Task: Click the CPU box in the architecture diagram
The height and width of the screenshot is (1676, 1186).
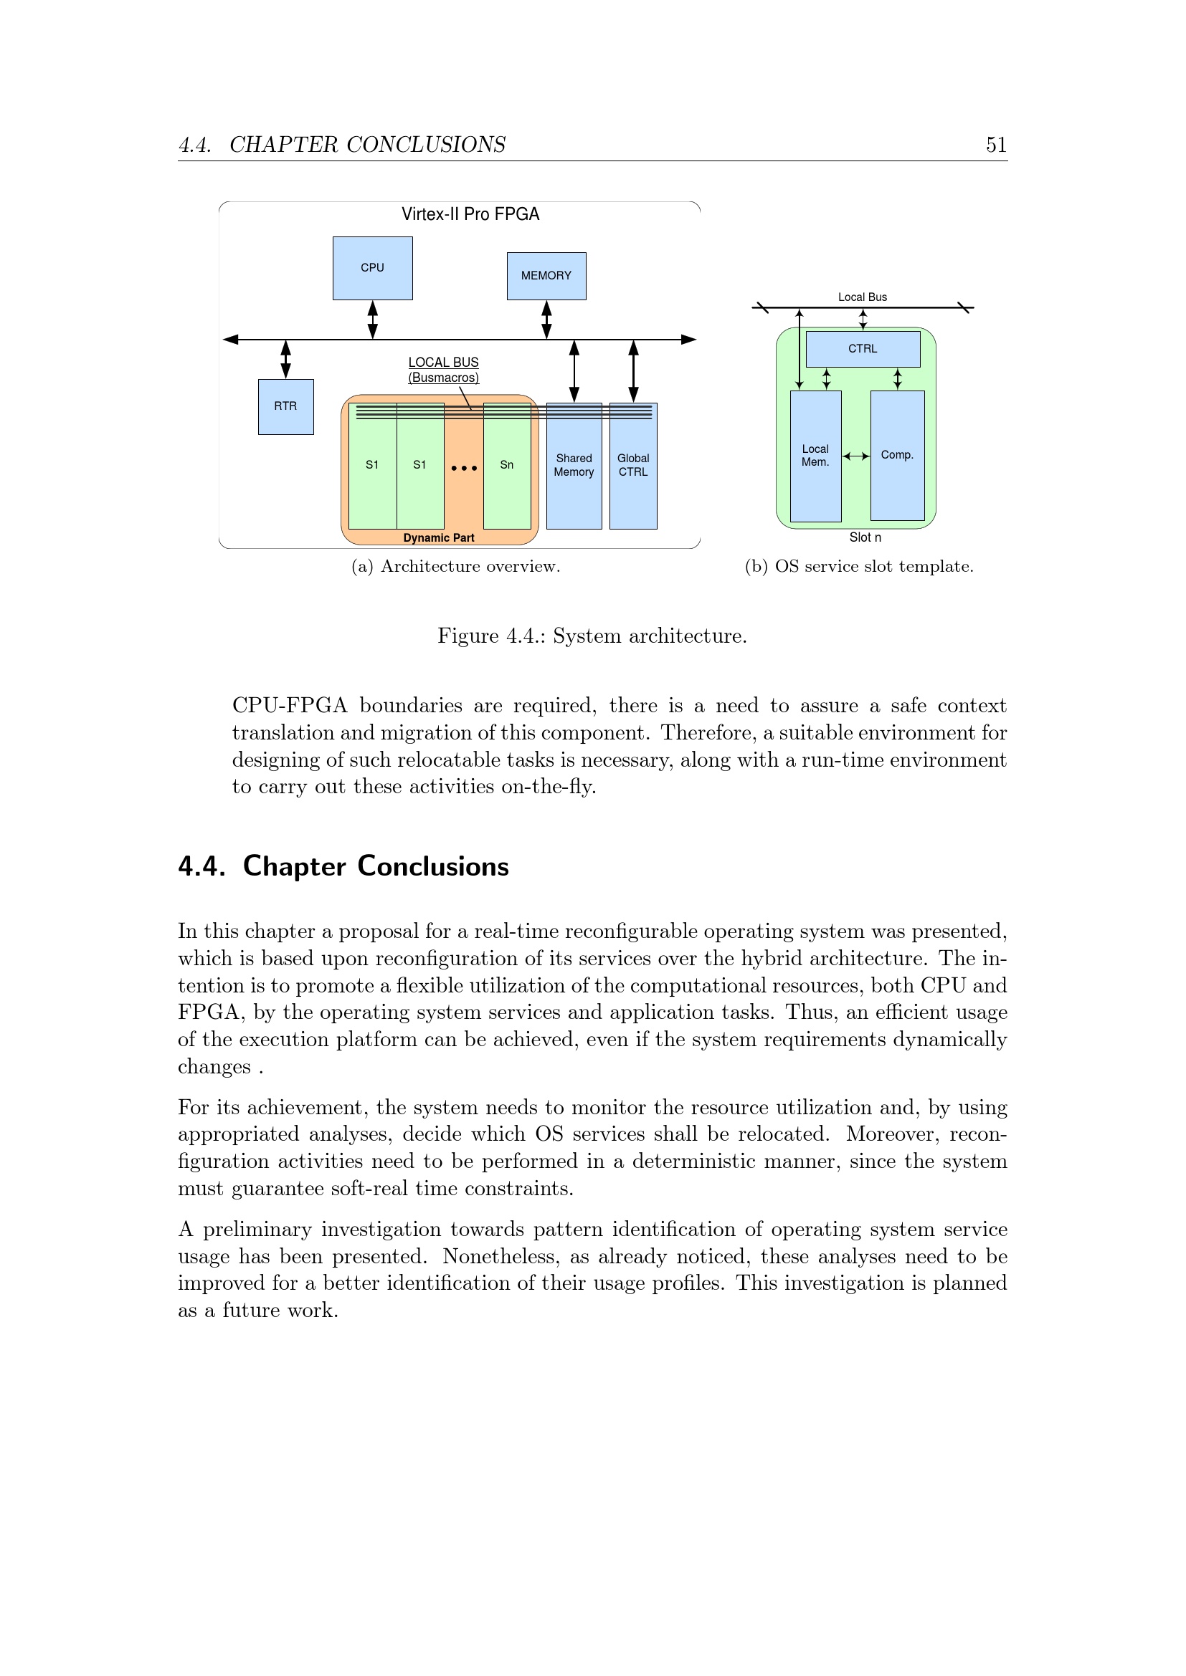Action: pos(372,268)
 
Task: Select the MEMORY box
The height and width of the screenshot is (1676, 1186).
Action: pos(546,276)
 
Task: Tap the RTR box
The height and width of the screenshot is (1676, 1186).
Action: pos(285,406)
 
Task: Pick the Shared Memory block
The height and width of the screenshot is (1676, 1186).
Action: pos(574,466)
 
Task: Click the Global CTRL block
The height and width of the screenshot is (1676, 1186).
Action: pos(633,466)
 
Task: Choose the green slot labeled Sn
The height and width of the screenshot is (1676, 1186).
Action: pos(507,466)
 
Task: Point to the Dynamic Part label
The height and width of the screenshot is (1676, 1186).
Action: pos(439,538)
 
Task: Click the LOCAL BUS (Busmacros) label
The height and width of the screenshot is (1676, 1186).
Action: pos(443,370)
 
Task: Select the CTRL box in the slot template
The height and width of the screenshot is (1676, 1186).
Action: pos(863,349)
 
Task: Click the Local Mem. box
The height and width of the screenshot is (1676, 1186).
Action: pos(816,456)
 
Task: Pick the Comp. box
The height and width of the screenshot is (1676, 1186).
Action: pos(898,456)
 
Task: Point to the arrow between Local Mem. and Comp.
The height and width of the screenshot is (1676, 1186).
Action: pos(856,456)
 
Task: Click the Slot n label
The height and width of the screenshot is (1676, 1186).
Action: pos(865,537)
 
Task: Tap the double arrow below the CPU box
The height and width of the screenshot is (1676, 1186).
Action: pos(372,320)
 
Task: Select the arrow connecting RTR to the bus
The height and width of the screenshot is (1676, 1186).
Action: pos(285,359)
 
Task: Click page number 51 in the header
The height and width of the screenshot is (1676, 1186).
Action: pos(996,145)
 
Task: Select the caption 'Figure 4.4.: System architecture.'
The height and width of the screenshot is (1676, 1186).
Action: pos(592,636)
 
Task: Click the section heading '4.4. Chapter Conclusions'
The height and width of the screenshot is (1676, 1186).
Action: pos(343,866)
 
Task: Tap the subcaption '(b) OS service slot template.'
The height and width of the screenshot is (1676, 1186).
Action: pos(859,567)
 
